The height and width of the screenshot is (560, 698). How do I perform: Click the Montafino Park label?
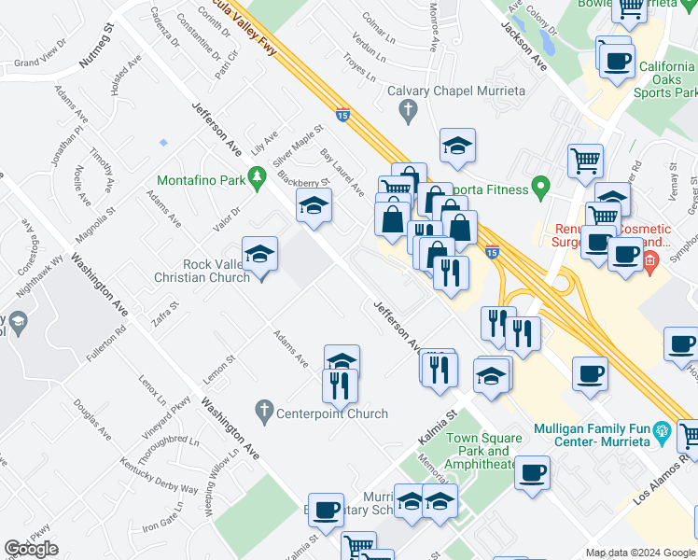[201, 179]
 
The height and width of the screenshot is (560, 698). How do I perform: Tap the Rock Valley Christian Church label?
[202, 271]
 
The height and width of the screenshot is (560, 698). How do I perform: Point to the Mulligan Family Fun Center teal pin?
[663, 431]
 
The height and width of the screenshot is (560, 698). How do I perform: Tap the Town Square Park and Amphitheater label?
[481, 451]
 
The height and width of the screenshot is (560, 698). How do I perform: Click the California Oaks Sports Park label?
[666, 79]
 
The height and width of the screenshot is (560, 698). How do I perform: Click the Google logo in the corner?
[31, 549]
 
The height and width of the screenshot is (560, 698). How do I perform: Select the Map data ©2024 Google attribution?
[639, 553]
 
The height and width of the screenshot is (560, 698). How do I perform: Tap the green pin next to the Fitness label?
[539, 189]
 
